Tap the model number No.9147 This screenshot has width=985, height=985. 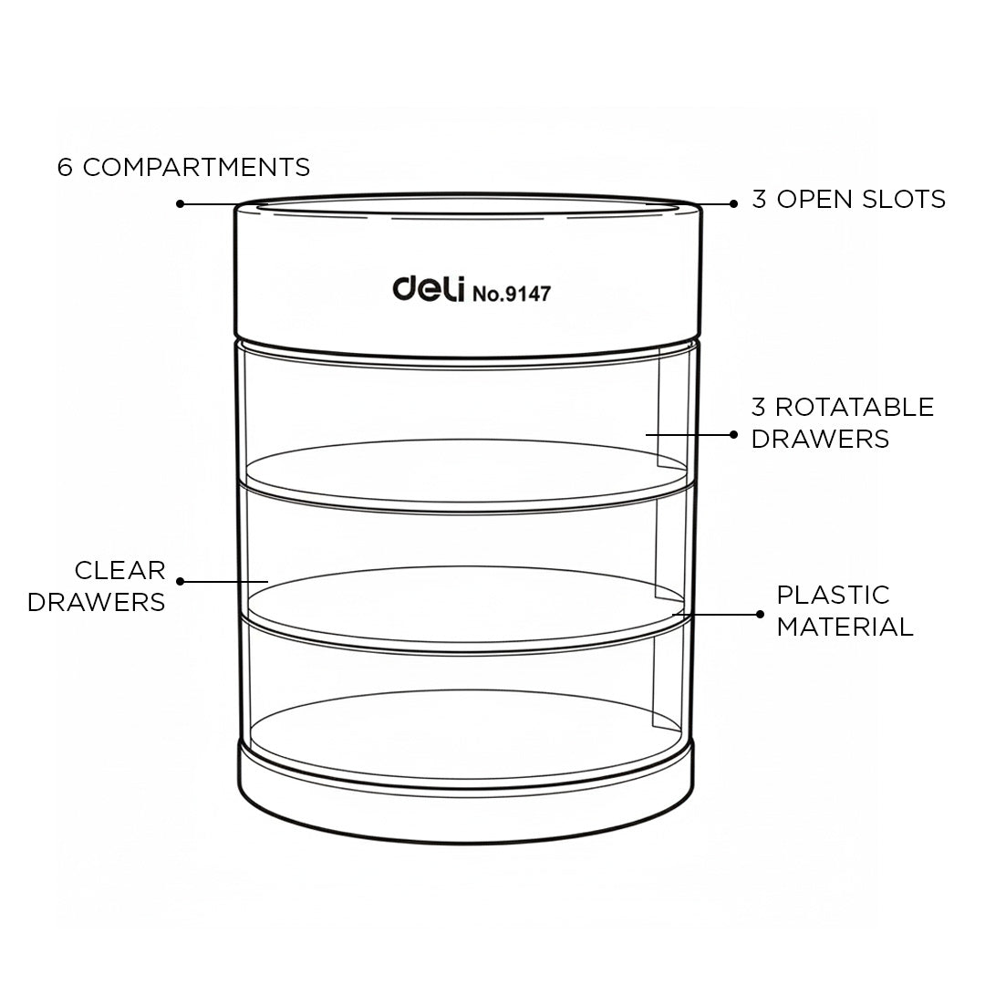coord(512,294)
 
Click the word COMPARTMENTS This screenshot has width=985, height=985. coord(197,167)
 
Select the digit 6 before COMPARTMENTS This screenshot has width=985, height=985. coord(65,167)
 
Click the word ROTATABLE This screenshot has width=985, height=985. coord(855,407)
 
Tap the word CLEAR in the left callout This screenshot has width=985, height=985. coord(120,570)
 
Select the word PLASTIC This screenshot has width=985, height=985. coord(833,595)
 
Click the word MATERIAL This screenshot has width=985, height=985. coord(845,627)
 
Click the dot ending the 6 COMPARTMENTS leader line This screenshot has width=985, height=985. coord(181,203)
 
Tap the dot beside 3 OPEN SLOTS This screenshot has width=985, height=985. coord(733,203)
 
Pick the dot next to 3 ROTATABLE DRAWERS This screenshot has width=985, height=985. coord(733,435)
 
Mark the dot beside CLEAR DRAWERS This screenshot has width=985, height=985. coord(181,582)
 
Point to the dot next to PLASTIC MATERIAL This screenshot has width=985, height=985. coord(760,615)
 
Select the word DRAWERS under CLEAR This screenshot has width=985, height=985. coord(96,602)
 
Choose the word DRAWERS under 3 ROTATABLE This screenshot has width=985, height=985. coord(821,439)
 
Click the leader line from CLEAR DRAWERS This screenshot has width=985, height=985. coord(224,582)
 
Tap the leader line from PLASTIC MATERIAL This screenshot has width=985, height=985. coord(716,615)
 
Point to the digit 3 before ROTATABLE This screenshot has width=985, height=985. coord(758,407)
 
